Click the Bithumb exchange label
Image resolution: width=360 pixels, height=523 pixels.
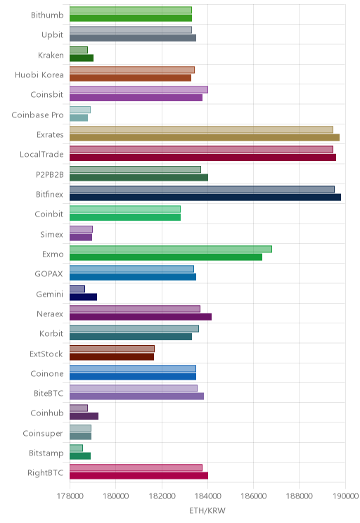coord(47,15)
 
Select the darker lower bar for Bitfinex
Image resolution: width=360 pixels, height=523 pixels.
coord(205,198)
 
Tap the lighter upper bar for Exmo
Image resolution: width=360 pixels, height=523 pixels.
coord(171,249)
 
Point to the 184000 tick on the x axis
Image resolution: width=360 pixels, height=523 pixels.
coord(207,496)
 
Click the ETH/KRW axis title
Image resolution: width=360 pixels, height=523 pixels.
coord(207,510)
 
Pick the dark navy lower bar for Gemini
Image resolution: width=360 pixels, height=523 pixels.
coord(84,297)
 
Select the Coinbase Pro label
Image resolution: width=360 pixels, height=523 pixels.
coord(37,115)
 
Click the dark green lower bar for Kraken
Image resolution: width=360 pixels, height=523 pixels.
coord(82,58)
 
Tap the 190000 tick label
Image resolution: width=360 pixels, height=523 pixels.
coord(345,496)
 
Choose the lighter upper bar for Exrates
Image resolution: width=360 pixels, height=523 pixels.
coord(201,130)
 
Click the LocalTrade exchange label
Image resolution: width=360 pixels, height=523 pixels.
coord(41,155)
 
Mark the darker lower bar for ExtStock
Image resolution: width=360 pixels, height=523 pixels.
coord(112,356)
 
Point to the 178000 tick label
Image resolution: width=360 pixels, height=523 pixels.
coord(70,496)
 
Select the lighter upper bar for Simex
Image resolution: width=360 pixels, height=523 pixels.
coord(81,229)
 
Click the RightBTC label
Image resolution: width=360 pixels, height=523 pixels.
coord(46,473)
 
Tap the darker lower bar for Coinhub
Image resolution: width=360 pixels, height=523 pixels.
coord(84,416)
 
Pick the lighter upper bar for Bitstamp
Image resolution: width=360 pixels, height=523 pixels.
coord(76,448)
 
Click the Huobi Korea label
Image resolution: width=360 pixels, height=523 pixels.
coord(39,75)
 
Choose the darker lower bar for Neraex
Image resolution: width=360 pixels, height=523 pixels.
coord(141,316)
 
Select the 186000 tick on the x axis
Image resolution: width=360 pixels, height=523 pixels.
coord(253,496)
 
